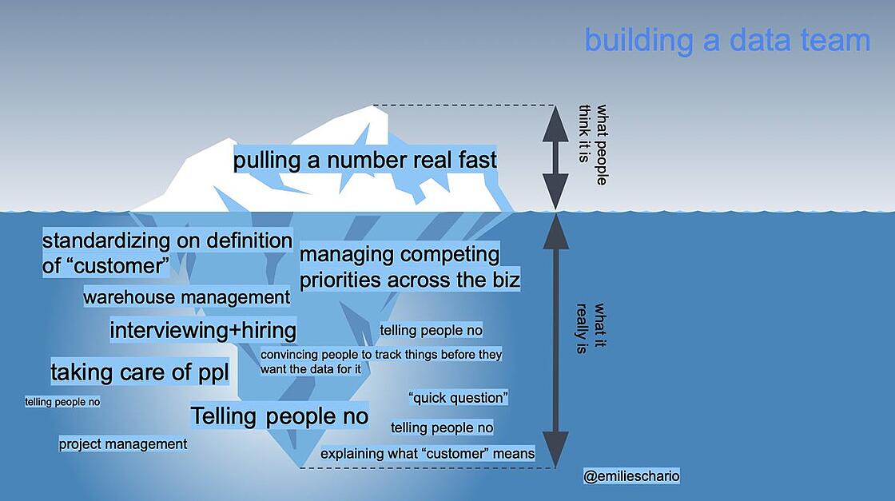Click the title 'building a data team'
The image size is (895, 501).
[x=727, y=41]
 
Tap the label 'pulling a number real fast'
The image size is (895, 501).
[x=364, y=160]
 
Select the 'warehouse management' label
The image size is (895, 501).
[x=187, y=297]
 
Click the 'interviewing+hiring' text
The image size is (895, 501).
[x=203, y=330]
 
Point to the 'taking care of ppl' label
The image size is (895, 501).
[x=140, y=372]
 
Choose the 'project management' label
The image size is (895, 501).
[x=123, y=444]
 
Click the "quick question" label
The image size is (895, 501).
[x=459, y=398]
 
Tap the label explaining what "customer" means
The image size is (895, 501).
[x=428, y=454]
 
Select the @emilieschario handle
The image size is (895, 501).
[x=631, y=476]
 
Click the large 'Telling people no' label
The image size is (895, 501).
[x=279, y=416]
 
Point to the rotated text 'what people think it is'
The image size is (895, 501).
[x=593, y=145]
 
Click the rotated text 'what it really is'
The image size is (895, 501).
[x=591, y=328]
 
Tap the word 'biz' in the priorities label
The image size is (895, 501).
[x=504, y=280]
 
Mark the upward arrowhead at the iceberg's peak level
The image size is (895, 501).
[x=555, y=124]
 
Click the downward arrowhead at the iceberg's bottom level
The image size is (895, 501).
[x=555, y=450]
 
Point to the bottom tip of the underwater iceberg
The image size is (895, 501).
[x=300, y=468]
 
